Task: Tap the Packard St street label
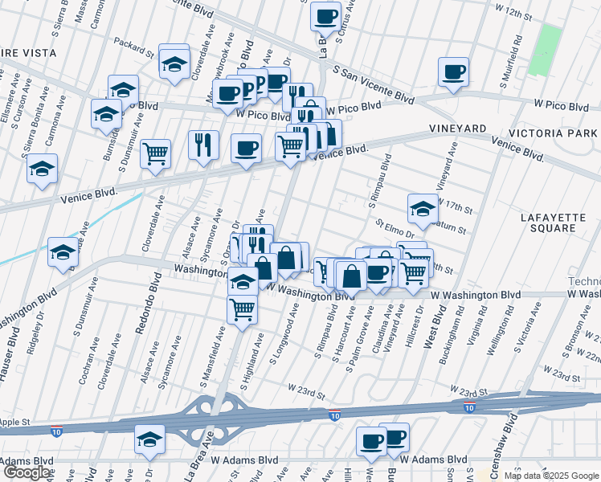pyautogui.click(x=133, y=50)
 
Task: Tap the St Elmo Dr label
pyautogui.click(x=394, y=228)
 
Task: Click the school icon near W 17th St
pyautogui.click(x=423, y=209)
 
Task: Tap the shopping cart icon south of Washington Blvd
pyautogui.click(x=242, y=308)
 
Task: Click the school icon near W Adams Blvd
pyautogui.click(x=149, y=439)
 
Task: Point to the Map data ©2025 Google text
pyautogui.click(x=551, y=476)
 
